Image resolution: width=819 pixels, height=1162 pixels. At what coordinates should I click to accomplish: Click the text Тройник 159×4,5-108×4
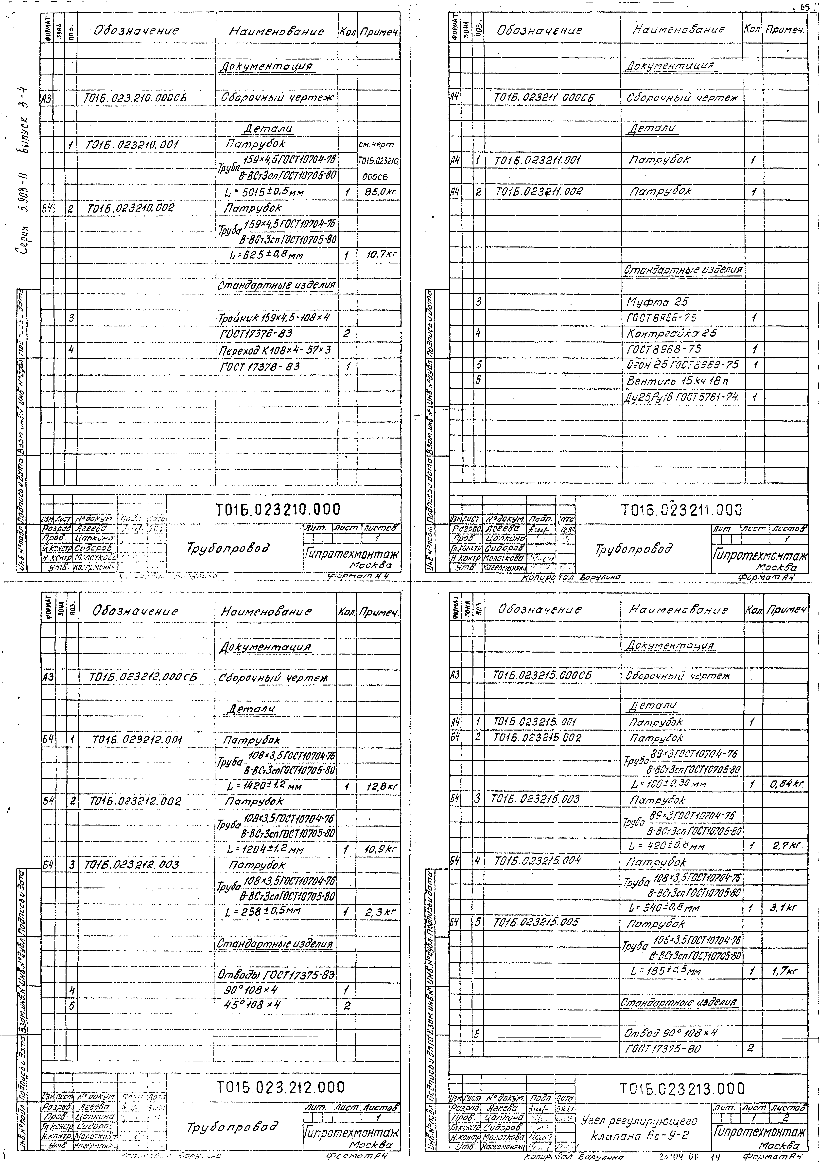274,318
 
